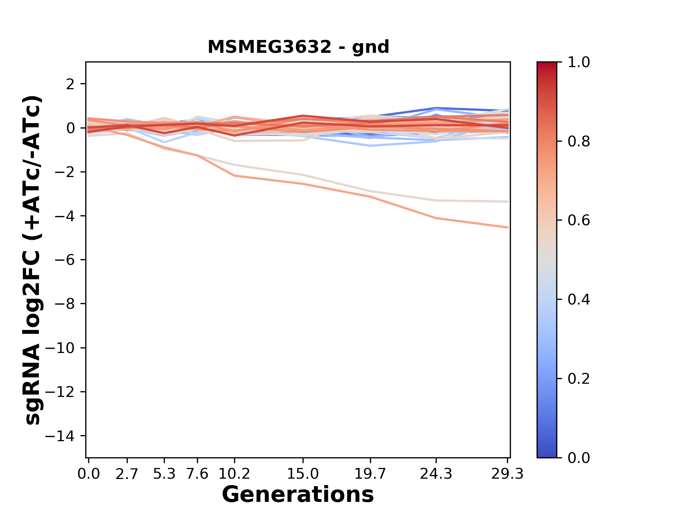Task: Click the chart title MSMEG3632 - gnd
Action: pos(298,47)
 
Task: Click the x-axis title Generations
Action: pos(298,495)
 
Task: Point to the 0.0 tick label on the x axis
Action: pos(88,474)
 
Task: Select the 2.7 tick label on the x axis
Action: pos(127,474)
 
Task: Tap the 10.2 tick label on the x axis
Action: pos(234,474)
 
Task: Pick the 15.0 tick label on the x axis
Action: pos(303,474)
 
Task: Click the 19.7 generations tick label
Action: pos(370,474)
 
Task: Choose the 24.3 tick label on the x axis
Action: pos(436,474)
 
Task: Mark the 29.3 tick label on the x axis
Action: pos(507,474)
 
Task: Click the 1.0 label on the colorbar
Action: pos(579,62)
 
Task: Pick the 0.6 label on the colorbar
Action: pos(579,221)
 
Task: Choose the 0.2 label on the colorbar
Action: pos(579,379)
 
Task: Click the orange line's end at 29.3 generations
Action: pos(508,227)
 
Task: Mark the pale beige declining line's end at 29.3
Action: pos(508,202)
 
